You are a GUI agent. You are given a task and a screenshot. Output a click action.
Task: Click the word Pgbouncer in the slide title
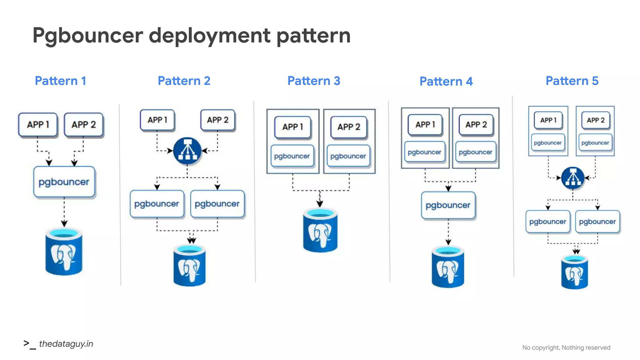pos(87,35)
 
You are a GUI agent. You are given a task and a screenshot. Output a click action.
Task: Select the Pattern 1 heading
pos(60,81)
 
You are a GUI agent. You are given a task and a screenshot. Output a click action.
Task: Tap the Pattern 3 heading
pos(313,81)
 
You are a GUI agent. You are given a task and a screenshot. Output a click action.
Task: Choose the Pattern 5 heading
pos(572,81)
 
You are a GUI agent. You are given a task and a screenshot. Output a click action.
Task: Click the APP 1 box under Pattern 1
pos(38,124)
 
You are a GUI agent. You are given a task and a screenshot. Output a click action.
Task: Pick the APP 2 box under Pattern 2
pos(218,120)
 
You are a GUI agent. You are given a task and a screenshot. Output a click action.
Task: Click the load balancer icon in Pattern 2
pos(187,151)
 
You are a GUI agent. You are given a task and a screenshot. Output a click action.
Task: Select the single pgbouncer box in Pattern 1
pos(64,182)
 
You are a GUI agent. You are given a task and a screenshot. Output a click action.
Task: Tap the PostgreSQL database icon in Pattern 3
pos(320,231)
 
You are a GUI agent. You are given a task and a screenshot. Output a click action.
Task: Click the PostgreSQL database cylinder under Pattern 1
pos(64,252)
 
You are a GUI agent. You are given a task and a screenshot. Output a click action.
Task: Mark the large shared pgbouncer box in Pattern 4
pos(448,205)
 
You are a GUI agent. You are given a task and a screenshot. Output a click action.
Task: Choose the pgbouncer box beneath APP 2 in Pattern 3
pos(348,156)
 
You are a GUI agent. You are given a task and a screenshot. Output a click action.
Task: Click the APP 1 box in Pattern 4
pos(425,125)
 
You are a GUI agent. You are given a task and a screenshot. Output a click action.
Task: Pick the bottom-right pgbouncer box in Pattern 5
pos(597,222)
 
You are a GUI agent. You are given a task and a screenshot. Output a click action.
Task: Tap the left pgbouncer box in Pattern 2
pos(157,204)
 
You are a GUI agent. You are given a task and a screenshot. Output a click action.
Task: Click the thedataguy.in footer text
pos(66,344)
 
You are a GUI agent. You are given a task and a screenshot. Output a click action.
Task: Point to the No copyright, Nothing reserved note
pos(566,347)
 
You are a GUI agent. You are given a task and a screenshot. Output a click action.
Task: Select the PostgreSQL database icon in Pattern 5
pos(574,272)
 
